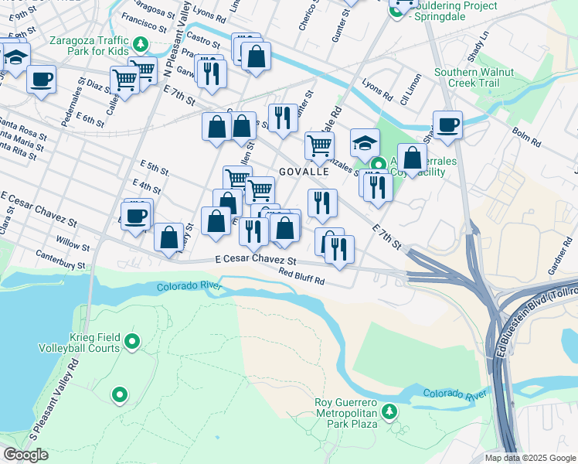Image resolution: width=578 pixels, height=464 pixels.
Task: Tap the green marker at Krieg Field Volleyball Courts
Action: click(132, 340)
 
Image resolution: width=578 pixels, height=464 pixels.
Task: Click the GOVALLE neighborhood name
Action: click(304, 172)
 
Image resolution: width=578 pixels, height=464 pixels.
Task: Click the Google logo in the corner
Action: click(25, 455)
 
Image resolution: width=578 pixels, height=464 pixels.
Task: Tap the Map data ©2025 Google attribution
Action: click(530, 458)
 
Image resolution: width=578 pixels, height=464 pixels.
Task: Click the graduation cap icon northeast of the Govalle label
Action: click(365, 142)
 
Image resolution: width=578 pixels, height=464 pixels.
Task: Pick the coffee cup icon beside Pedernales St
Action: click(41, 78)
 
